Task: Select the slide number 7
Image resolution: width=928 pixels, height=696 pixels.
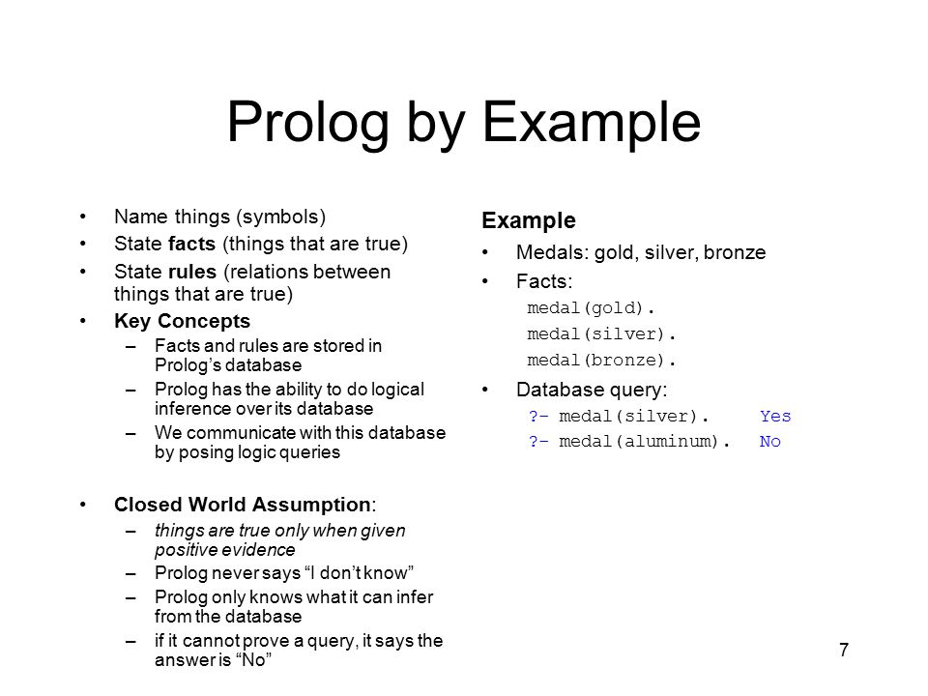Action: (844, 650)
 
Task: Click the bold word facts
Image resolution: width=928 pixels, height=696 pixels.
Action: (191, 244)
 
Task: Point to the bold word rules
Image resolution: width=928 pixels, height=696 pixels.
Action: (192, 272)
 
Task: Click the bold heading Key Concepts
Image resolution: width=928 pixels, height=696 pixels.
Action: (183, 321)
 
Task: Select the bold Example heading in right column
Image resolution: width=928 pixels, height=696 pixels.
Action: (529, 220)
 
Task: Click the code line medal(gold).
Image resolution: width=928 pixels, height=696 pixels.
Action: (590, 308)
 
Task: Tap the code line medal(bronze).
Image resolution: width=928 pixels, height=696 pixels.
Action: (600, 361)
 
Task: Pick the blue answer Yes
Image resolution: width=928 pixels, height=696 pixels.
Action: (775, 416)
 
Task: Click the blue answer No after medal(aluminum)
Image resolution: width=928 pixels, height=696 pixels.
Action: (770, 442)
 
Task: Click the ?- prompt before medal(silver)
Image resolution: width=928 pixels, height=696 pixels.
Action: (538, 416)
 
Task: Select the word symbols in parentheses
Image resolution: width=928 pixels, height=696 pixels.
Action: (281, 217)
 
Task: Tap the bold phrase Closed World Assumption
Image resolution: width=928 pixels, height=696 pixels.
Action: (243, 505)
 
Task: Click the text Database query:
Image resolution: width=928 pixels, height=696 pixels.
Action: (592, 390)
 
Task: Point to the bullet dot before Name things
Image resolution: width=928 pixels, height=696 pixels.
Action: (83, 217)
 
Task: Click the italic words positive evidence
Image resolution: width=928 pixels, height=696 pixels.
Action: (225, 550)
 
